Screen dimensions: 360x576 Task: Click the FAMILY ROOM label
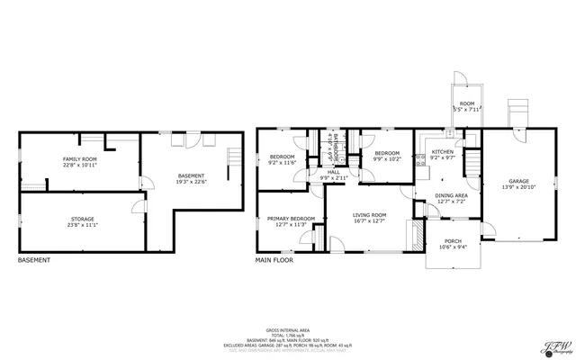pyautogui.click(x=80, y=158)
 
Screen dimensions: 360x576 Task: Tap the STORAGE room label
pyautogui.click(x=82, y=219)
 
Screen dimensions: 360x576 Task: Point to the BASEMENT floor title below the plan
pyautogui.click(x=34, y=260)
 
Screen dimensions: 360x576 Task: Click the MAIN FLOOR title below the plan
pyautogui.click(x=274, y=260)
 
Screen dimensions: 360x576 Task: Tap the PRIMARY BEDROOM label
pyautogui.click(x=290, y=219)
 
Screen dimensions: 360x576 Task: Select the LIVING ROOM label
pyautogui.click(x=369, y=215)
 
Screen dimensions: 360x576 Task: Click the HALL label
pyautogui.click(x=333, y=171)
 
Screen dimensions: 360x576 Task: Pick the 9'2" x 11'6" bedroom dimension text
pyautogui.click(x=282, y=163)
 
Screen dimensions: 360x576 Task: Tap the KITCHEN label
pyautogui.click(x=442, y=152)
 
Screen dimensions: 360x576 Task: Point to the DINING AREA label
pyautogui.click(x=451, y=195)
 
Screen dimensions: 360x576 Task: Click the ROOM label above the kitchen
pyautogui.click(x=467, y=104)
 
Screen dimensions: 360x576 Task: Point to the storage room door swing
pyautogui.click(x=138, y=210)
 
